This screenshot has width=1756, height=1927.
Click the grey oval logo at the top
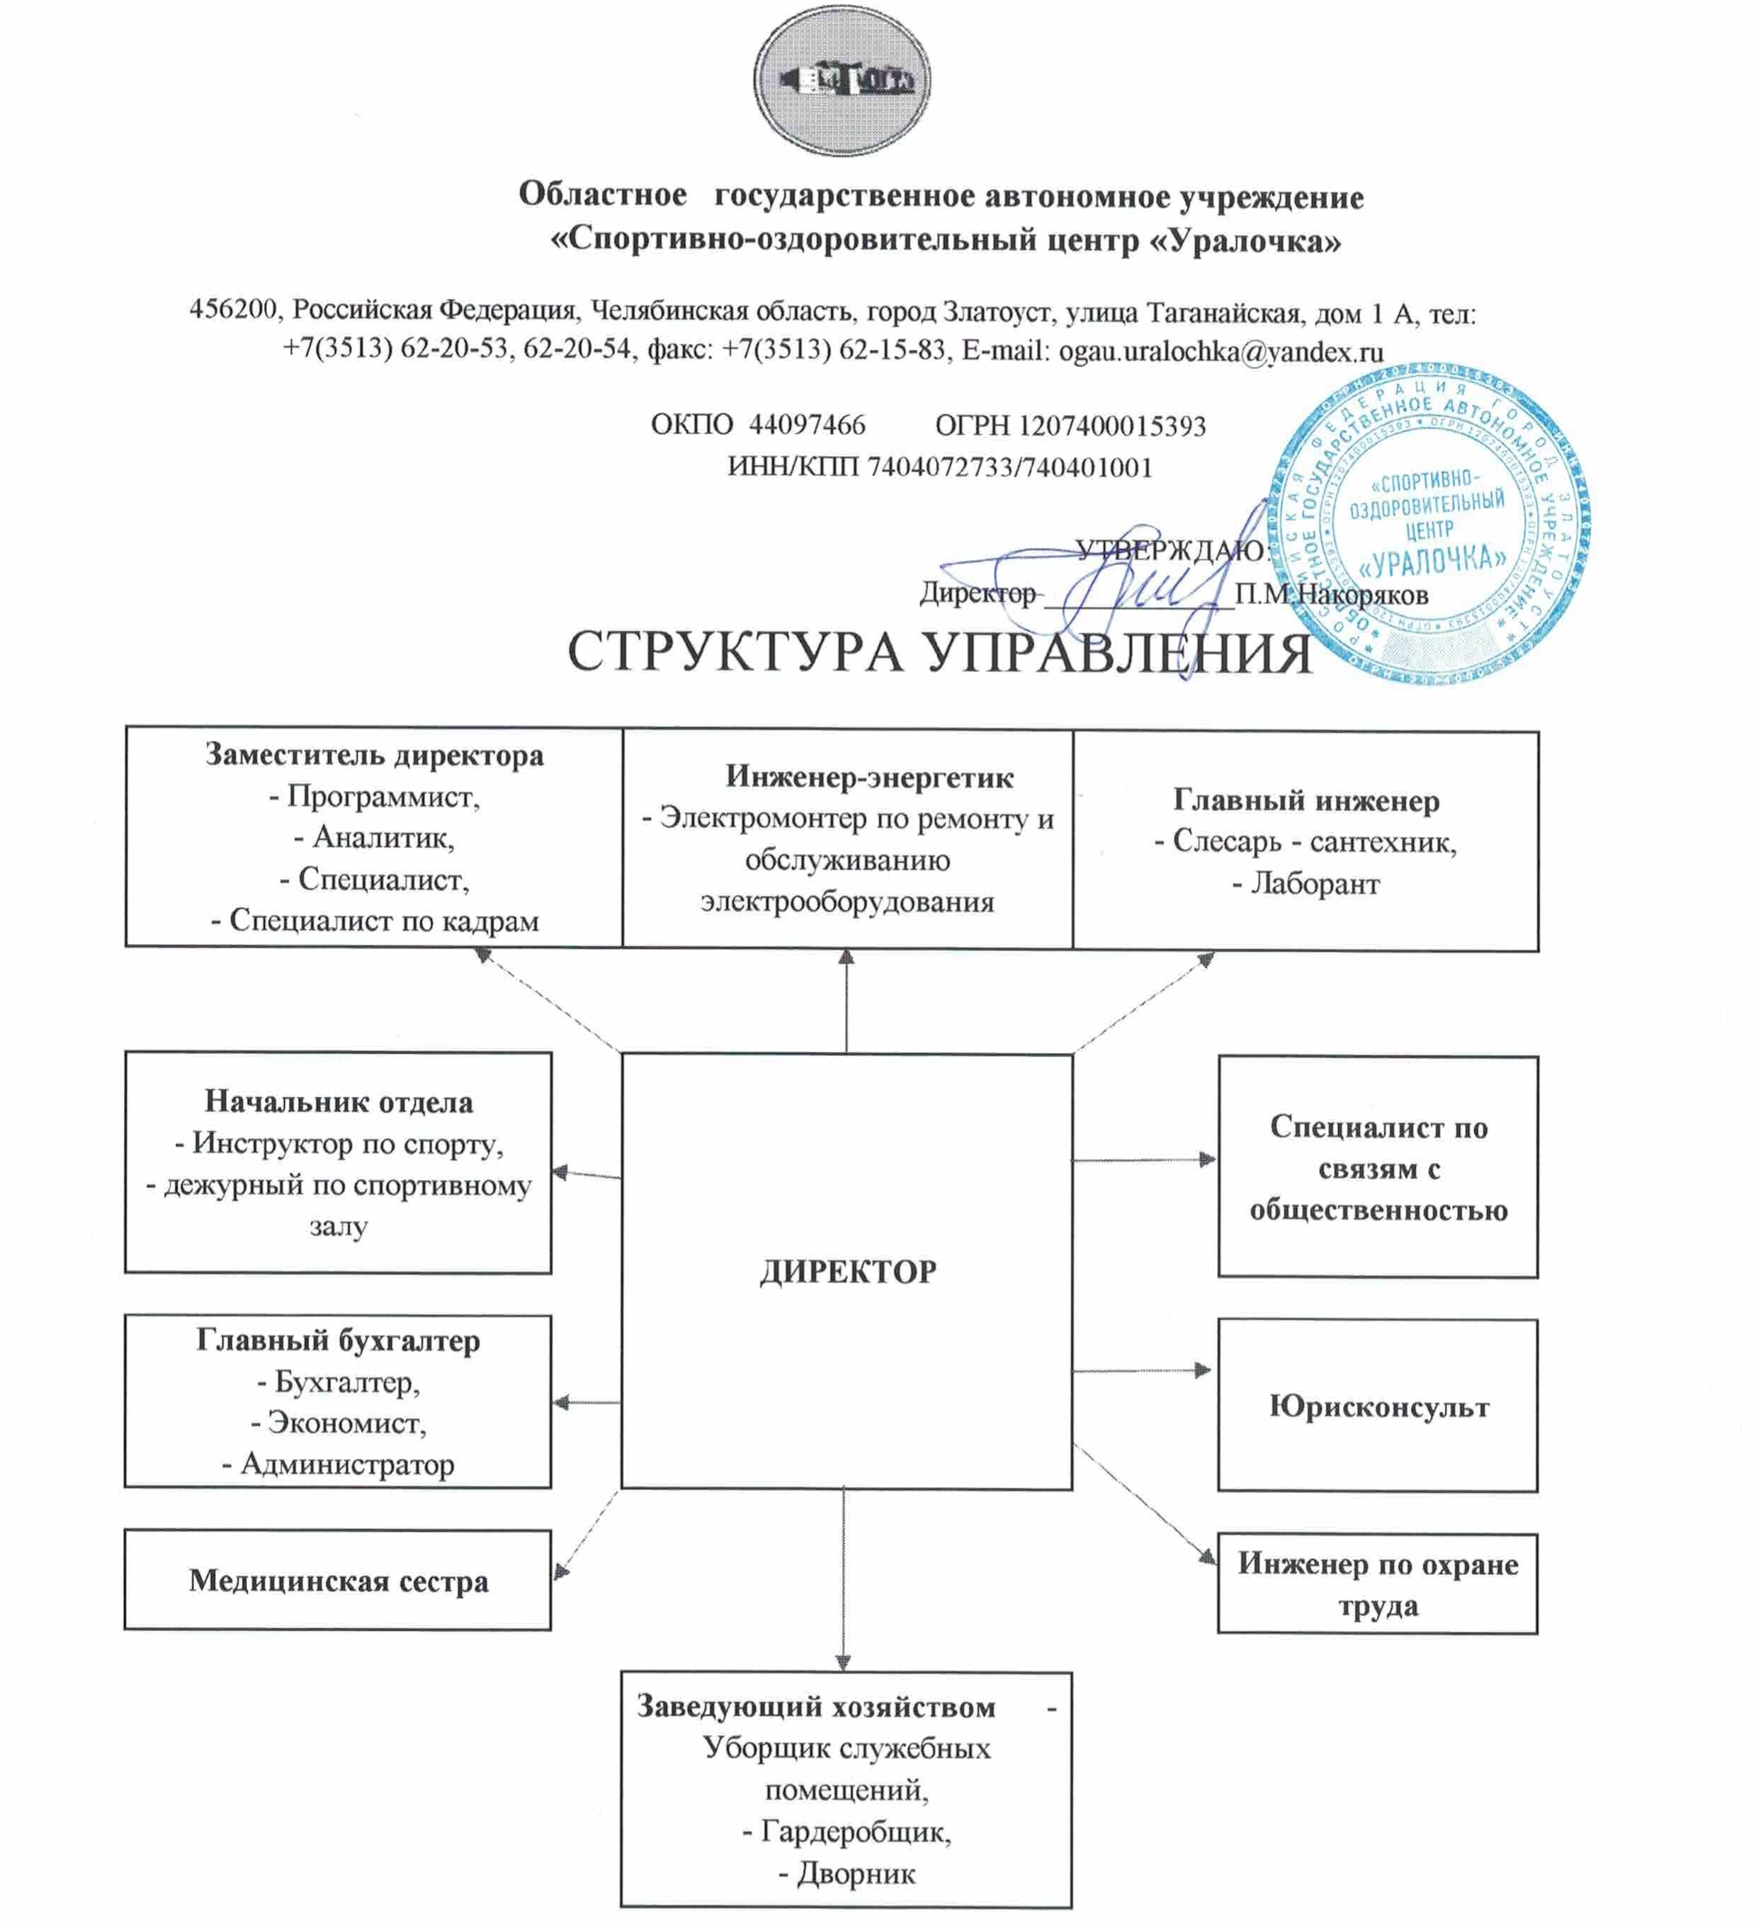[842, 79]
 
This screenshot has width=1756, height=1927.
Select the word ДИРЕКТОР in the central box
[848, 1271]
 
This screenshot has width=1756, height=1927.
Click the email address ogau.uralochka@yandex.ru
[1220, 352]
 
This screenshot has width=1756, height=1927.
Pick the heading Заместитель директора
[374, 755]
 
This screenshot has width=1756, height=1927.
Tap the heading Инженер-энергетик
[869, 777]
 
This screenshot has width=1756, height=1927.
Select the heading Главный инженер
[1305, 800]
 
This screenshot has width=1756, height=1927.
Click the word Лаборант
[1315, 883]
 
